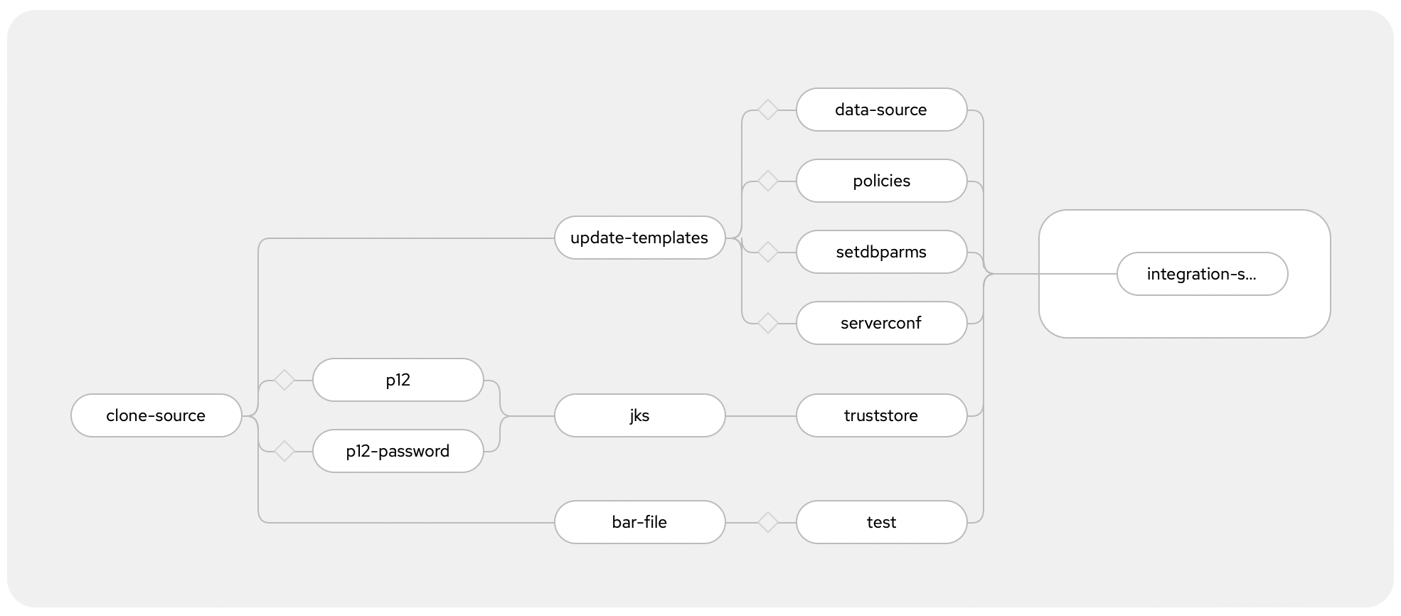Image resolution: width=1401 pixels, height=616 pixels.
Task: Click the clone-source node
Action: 156,415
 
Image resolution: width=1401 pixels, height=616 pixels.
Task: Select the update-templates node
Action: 640,238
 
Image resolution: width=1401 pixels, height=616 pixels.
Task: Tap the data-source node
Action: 882,110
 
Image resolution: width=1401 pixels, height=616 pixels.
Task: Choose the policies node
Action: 882,181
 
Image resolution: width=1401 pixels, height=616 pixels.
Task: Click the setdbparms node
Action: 882,252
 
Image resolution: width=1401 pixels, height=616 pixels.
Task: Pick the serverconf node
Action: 882,323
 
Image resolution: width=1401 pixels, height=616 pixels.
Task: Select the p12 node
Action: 398,380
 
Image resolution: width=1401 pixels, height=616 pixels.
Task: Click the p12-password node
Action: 398,451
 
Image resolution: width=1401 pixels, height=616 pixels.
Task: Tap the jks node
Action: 640,415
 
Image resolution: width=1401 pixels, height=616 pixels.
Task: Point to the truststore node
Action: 882,415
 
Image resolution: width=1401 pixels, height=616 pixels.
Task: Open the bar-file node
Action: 640,522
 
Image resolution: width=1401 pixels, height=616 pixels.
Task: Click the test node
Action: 882,522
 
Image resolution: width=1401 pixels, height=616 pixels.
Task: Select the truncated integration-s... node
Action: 1203,274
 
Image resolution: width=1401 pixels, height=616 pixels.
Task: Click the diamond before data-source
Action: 768,110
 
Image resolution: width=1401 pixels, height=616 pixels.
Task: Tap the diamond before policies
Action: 768,181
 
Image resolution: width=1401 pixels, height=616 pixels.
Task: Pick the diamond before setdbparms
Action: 768,253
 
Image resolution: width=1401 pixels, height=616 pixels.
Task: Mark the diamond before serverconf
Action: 768,324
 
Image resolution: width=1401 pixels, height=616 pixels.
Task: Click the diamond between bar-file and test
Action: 768,523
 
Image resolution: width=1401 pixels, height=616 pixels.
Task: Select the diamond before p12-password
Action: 284,452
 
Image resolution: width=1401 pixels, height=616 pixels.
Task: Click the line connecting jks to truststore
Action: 761,416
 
